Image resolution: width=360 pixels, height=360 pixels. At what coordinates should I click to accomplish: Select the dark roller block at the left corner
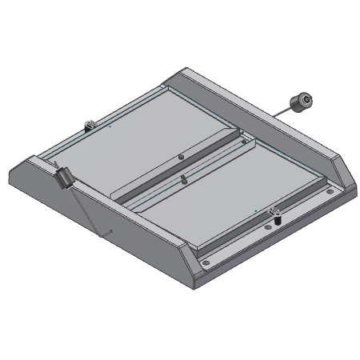[62, 176]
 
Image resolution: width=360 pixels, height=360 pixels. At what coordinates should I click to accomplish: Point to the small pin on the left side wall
[106, 233]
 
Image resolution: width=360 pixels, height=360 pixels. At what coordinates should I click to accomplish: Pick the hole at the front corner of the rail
[206, 262]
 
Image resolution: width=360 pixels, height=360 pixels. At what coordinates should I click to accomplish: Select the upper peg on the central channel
[181, 157]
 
